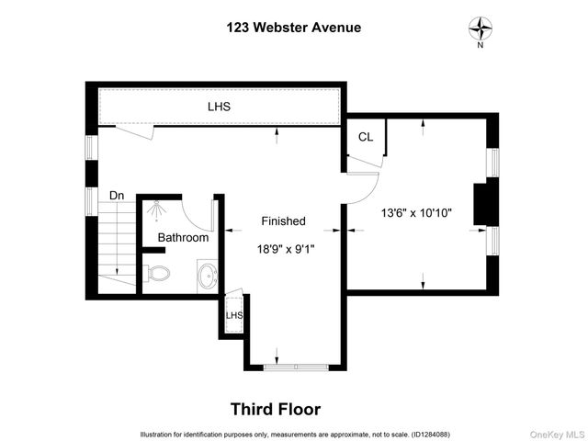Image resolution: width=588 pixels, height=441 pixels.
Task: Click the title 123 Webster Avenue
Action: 294,27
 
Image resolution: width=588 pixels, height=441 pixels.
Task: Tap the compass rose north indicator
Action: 480,28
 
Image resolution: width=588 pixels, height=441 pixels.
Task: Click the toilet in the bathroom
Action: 158,273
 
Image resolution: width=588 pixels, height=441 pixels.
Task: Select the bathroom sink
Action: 208,274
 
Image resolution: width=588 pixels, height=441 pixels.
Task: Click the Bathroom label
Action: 183,237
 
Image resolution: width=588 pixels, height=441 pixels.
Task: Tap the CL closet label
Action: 366,137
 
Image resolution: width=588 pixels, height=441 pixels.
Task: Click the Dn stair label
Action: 117,196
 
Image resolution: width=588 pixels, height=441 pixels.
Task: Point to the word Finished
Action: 283,221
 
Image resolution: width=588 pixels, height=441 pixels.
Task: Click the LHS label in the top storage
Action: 219,107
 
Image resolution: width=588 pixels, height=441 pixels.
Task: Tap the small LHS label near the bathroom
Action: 233,316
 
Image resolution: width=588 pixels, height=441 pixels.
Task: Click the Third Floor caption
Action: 275,409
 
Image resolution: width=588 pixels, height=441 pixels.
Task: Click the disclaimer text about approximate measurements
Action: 294,434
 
